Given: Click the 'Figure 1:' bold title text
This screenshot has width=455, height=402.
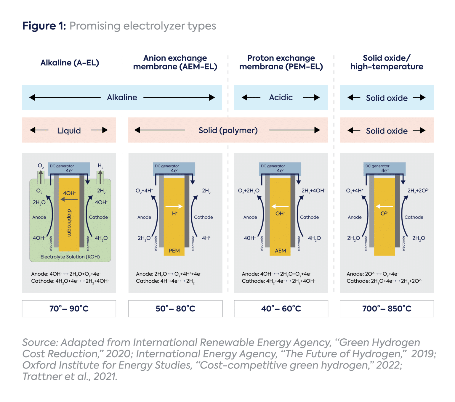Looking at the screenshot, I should (x=44, y=26).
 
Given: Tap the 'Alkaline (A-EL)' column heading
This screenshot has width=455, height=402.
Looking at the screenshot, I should (x=70, y=63).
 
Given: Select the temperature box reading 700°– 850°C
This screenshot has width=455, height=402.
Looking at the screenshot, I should (x=387, y=308).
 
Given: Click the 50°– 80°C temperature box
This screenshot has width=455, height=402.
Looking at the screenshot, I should (x=175, y=308).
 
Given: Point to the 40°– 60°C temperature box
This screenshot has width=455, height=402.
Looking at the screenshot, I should (x=281, y=308).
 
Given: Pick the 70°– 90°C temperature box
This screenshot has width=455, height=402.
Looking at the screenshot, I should (x=69, y=308).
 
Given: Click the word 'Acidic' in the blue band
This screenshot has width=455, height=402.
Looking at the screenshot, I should (x=281, y=97).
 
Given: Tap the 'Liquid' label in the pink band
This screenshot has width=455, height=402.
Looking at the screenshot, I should (x=69, y=131).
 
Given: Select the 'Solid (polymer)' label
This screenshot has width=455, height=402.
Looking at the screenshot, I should (x=228, y=130).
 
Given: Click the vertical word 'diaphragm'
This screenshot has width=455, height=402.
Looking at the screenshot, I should (x=69, y=223).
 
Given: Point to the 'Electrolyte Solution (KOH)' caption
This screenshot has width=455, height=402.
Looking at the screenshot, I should (x=70, y=257).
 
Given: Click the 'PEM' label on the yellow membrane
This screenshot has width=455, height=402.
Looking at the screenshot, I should (x=174, y=251).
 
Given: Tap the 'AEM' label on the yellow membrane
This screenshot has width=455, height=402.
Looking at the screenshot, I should (x=280, y=251).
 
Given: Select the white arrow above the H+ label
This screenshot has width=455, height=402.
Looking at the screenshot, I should (x=174, y=206).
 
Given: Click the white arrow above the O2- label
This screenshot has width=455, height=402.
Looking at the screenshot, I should (x=384, y=206).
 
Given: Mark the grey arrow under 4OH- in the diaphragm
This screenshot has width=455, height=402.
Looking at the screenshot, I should (x=69, y=200).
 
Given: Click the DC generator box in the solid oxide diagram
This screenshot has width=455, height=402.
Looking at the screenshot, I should (x=384, y=168).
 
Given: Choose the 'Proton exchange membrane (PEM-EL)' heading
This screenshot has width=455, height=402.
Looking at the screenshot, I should (x=281, y=62).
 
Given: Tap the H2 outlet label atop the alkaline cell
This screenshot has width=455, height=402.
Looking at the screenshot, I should (x=100, y=166).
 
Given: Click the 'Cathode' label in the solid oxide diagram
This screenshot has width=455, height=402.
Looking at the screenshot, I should (x=414, y=217).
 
